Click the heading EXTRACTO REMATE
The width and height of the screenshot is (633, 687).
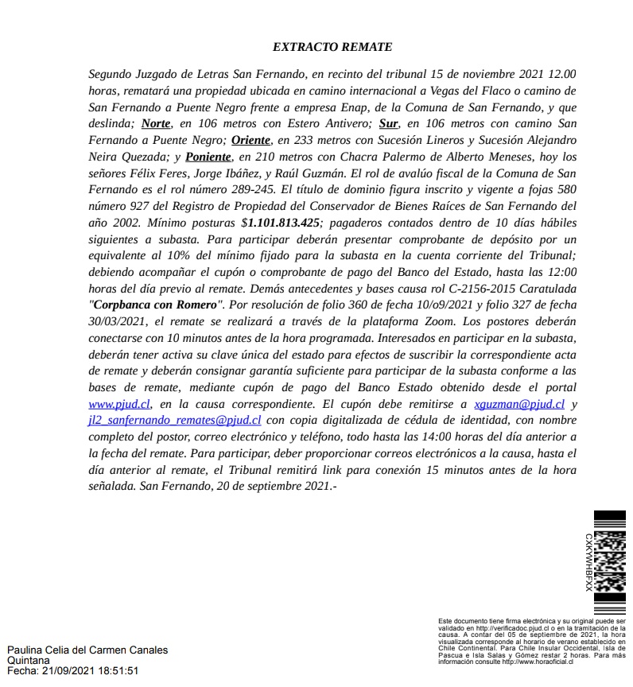(332, 48)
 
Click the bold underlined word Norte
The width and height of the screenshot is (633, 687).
(156, 124)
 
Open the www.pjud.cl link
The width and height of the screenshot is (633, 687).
(119, 404)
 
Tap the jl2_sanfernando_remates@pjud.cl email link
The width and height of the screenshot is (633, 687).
(175, 419)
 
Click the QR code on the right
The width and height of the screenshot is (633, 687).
(610, 561)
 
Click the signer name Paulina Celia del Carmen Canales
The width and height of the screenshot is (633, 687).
(87, 650)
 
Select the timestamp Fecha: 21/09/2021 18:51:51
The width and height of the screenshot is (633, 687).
(72, 670)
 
